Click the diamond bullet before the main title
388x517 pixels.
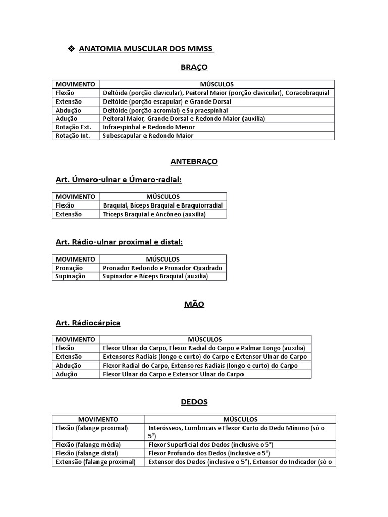pos(71,49)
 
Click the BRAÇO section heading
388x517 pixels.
pos(194,67)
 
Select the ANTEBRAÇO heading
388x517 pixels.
pos(194,161)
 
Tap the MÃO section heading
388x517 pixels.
pos(194,304)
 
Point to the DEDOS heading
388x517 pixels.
pos(194,402)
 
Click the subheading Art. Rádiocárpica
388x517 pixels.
pos(87,322)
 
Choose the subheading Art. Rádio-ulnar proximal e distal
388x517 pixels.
pos(119,242)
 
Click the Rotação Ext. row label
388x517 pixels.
pos(73,127)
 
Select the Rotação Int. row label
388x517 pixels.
pos(73,136)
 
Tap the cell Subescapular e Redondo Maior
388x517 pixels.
pos(148,136)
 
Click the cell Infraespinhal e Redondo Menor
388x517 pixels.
pos(149,127)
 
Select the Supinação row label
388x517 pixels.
pos(70,276)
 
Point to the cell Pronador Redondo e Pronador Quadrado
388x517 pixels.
pos(162,268)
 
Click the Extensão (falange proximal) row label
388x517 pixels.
pos(95,462)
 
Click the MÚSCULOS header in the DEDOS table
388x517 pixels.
pos(240,419)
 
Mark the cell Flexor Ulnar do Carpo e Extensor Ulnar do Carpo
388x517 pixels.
pos(173,374)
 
